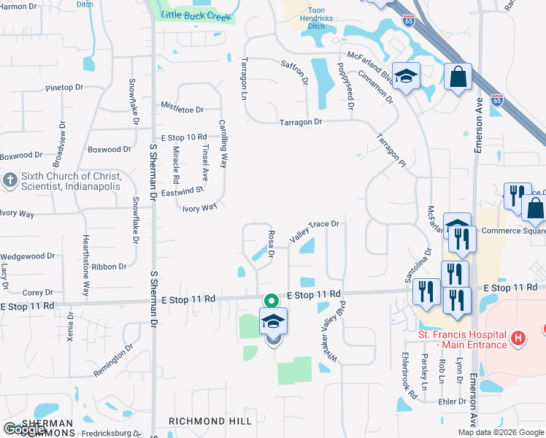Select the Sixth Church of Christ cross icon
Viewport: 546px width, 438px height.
tap(10, 180)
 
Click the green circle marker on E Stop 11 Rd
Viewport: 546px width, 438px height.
tap(271, 301)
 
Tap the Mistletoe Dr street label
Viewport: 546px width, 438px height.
tap(182, 109)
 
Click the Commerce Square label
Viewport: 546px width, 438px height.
tap(512, 231)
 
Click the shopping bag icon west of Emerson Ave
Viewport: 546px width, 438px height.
tap(458, 77)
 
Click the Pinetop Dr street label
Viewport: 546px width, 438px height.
tap(64, 88)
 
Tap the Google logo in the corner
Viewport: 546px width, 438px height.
tap(24, 429)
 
